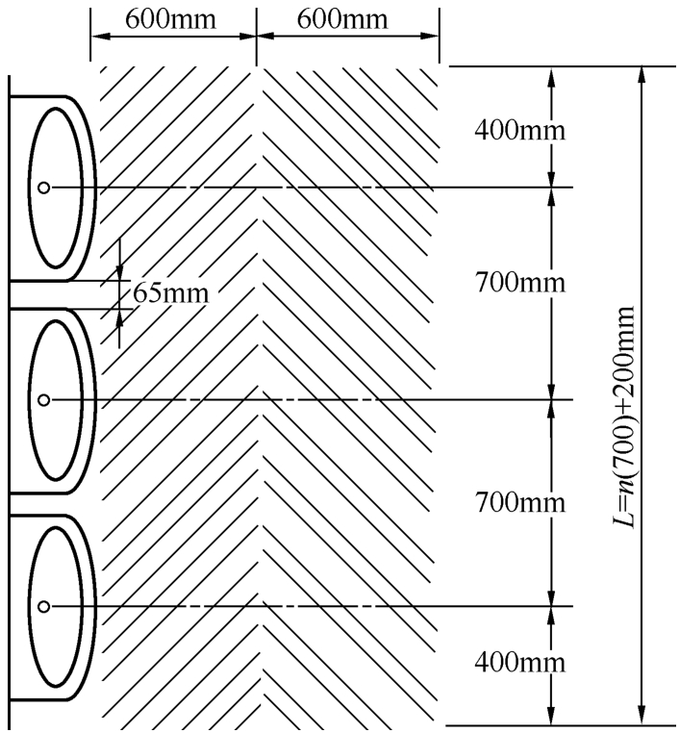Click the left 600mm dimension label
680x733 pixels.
pyautogui.click(x=170, y=19)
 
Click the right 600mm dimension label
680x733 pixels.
pyautogui.click(x=342, y=19)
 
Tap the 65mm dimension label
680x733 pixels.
pyautogui.click(x=170, y=293)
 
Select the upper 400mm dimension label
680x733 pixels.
pyautogui.click(x=519, y=130)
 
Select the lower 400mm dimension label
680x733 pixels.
pyautogui.click(x=519, y=663)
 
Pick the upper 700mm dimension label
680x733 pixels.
pyautogui.click(x=519, y=283)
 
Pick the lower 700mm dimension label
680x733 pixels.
pyautogui.click(x=519, y=502)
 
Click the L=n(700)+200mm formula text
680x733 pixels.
pyautogui.click(x=624, y=417)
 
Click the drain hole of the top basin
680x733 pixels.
pyautogui.click(x=43, y=188)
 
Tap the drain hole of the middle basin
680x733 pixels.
pyautogui.click(x=43, y=400)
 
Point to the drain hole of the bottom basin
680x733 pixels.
pyautogui.click(x=43, y=607)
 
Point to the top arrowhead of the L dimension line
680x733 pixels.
pyautogui.click(x=643, y=76)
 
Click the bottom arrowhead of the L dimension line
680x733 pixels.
pyautogui.click(x=643, y=716)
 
